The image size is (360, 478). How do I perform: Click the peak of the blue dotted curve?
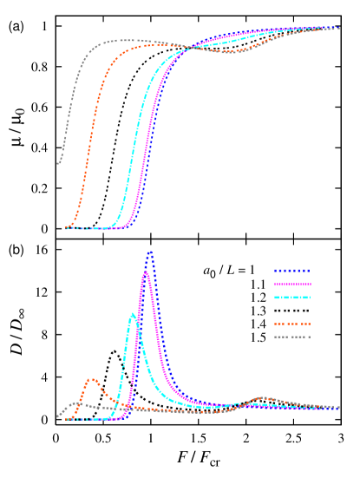(x=150, y=252)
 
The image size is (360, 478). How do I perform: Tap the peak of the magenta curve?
(x=146, y=272)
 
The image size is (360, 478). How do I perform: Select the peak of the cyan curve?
(x=132, y=314)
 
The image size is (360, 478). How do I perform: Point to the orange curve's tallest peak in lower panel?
(x=91, y=379)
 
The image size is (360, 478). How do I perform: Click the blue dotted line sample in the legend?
(x=292, y=271)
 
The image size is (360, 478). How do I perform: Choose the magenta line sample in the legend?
(x=292, y=284)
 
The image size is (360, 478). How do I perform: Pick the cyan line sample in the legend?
(x=292, y=298)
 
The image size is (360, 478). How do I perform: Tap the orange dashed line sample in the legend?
(x=292, y=324)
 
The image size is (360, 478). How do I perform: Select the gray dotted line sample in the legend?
(x=292, y=337)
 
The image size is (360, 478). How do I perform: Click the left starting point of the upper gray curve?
(x=58, y=162)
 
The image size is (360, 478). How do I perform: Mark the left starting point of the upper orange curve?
(x=66, y=228)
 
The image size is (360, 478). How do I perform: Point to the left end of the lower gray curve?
(x=58, y=417)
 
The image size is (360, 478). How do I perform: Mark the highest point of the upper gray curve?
(x=121, y=40)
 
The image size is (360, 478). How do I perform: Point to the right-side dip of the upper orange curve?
(x=230, y=51)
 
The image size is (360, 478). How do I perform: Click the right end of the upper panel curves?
(x=338, y=28)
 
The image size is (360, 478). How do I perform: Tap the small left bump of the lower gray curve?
(x=76, y=403)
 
